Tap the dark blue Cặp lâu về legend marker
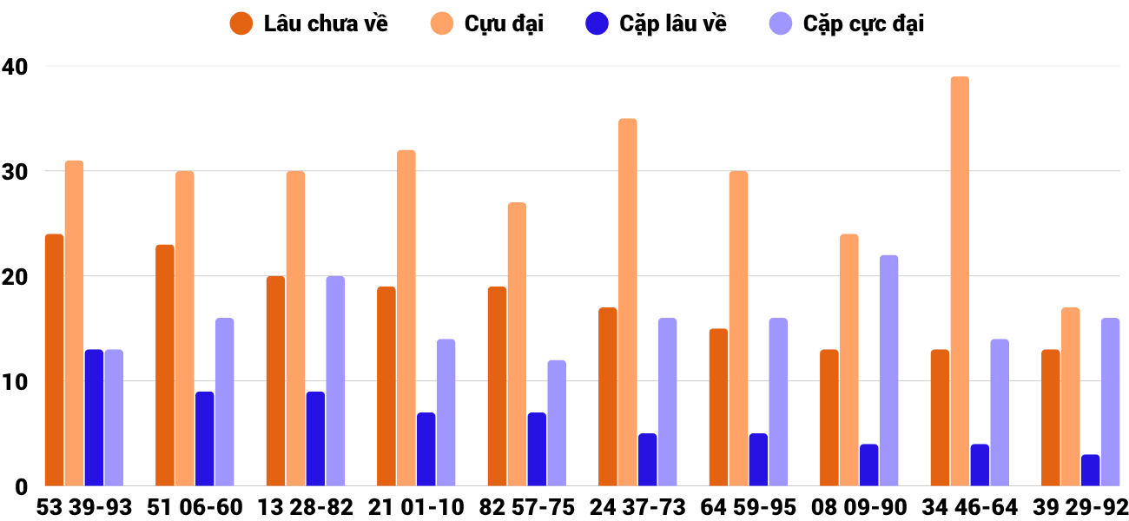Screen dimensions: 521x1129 (x=597, y=23)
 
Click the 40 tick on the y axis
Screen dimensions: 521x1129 (x=15, y=66)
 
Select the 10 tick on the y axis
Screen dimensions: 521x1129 (x=15, y=381)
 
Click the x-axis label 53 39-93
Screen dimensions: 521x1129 (x=84, y=507)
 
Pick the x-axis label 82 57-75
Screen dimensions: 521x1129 (x=527, y=507)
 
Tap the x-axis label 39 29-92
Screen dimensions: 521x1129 (x=1080, y=507)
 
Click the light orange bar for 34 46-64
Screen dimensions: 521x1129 (x=960, y=281)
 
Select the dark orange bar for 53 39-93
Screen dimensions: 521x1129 (x=55, y=359)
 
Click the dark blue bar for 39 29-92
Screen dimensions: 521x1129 (x=1091, y=470)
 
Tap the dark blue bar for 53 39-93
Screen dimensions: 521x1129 (x=94, y=418)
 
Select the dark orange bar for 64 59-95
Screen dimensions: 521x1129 (x=718, y=407)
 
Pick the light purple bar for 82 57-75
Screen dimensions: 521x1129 (x=557, y=423)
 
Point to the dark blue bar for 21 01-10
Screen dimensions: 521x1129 (x=426, y=449)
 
